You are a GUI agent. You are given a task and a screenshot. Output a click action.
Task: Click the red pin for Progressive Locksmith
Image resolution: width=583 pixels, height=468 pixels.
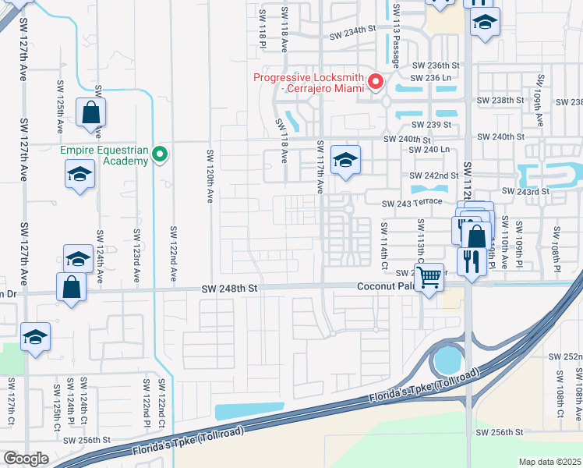pyautogui.click(x=375, y=81)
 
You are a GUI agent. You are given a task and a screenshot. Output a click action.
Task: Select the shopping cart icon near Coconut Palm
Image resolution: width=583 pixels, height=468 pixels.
pyautogui.click(x=429, y=276)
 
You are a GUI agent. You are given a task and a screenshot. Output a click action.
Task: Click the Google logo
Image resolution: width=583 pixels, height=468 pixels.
pyautogui.click(x=26, y=459)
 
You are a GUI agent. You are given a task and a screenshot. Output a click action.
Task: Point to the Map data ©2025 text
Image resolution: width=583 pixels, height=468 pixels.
pyautogui.click(x=549, y=462)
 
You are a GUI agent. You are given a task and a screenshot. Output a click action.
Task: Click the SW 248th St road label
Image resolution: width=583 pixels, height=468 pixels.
pyautogui.click(x=229, y=288)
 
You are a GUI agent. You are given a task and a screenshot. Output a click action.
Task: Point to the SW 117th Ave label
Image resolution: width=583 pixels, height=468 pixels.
pyautogui.click(x=320, y=168)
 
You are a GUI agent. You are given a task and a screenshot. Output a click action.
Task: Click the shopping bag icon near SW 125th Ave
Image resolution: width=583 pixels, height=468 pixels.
pyautogui.click(x=90, y=114)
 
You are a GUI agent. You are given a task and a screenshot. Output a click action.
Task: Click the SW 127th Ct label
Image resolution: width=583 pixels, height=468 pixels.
pyautogui.click(x=11, y=406)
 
